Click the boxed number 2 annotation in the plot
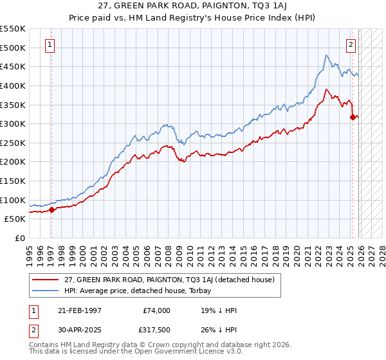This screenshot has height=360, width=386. pyautogui.click(x=351, y=45)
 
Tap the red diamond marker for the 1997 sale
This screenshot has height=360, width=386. pyautogui.click(x=51, y=210)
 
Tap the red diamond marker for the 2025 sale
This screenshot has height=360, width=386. pyautogui.click(x=353, y=117)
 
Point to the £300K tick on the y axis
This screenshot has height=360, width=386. pyautogui.click(x=12, y=123)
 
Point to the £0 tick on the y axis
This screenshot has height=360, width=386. pyautogui.click(x=19, y=238)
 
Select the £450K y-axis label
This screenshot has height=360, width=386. pyautogui.click(x=12, y=66)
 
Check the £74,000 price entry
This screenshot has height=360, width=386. pyautogui.click(x=156, y=310)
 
